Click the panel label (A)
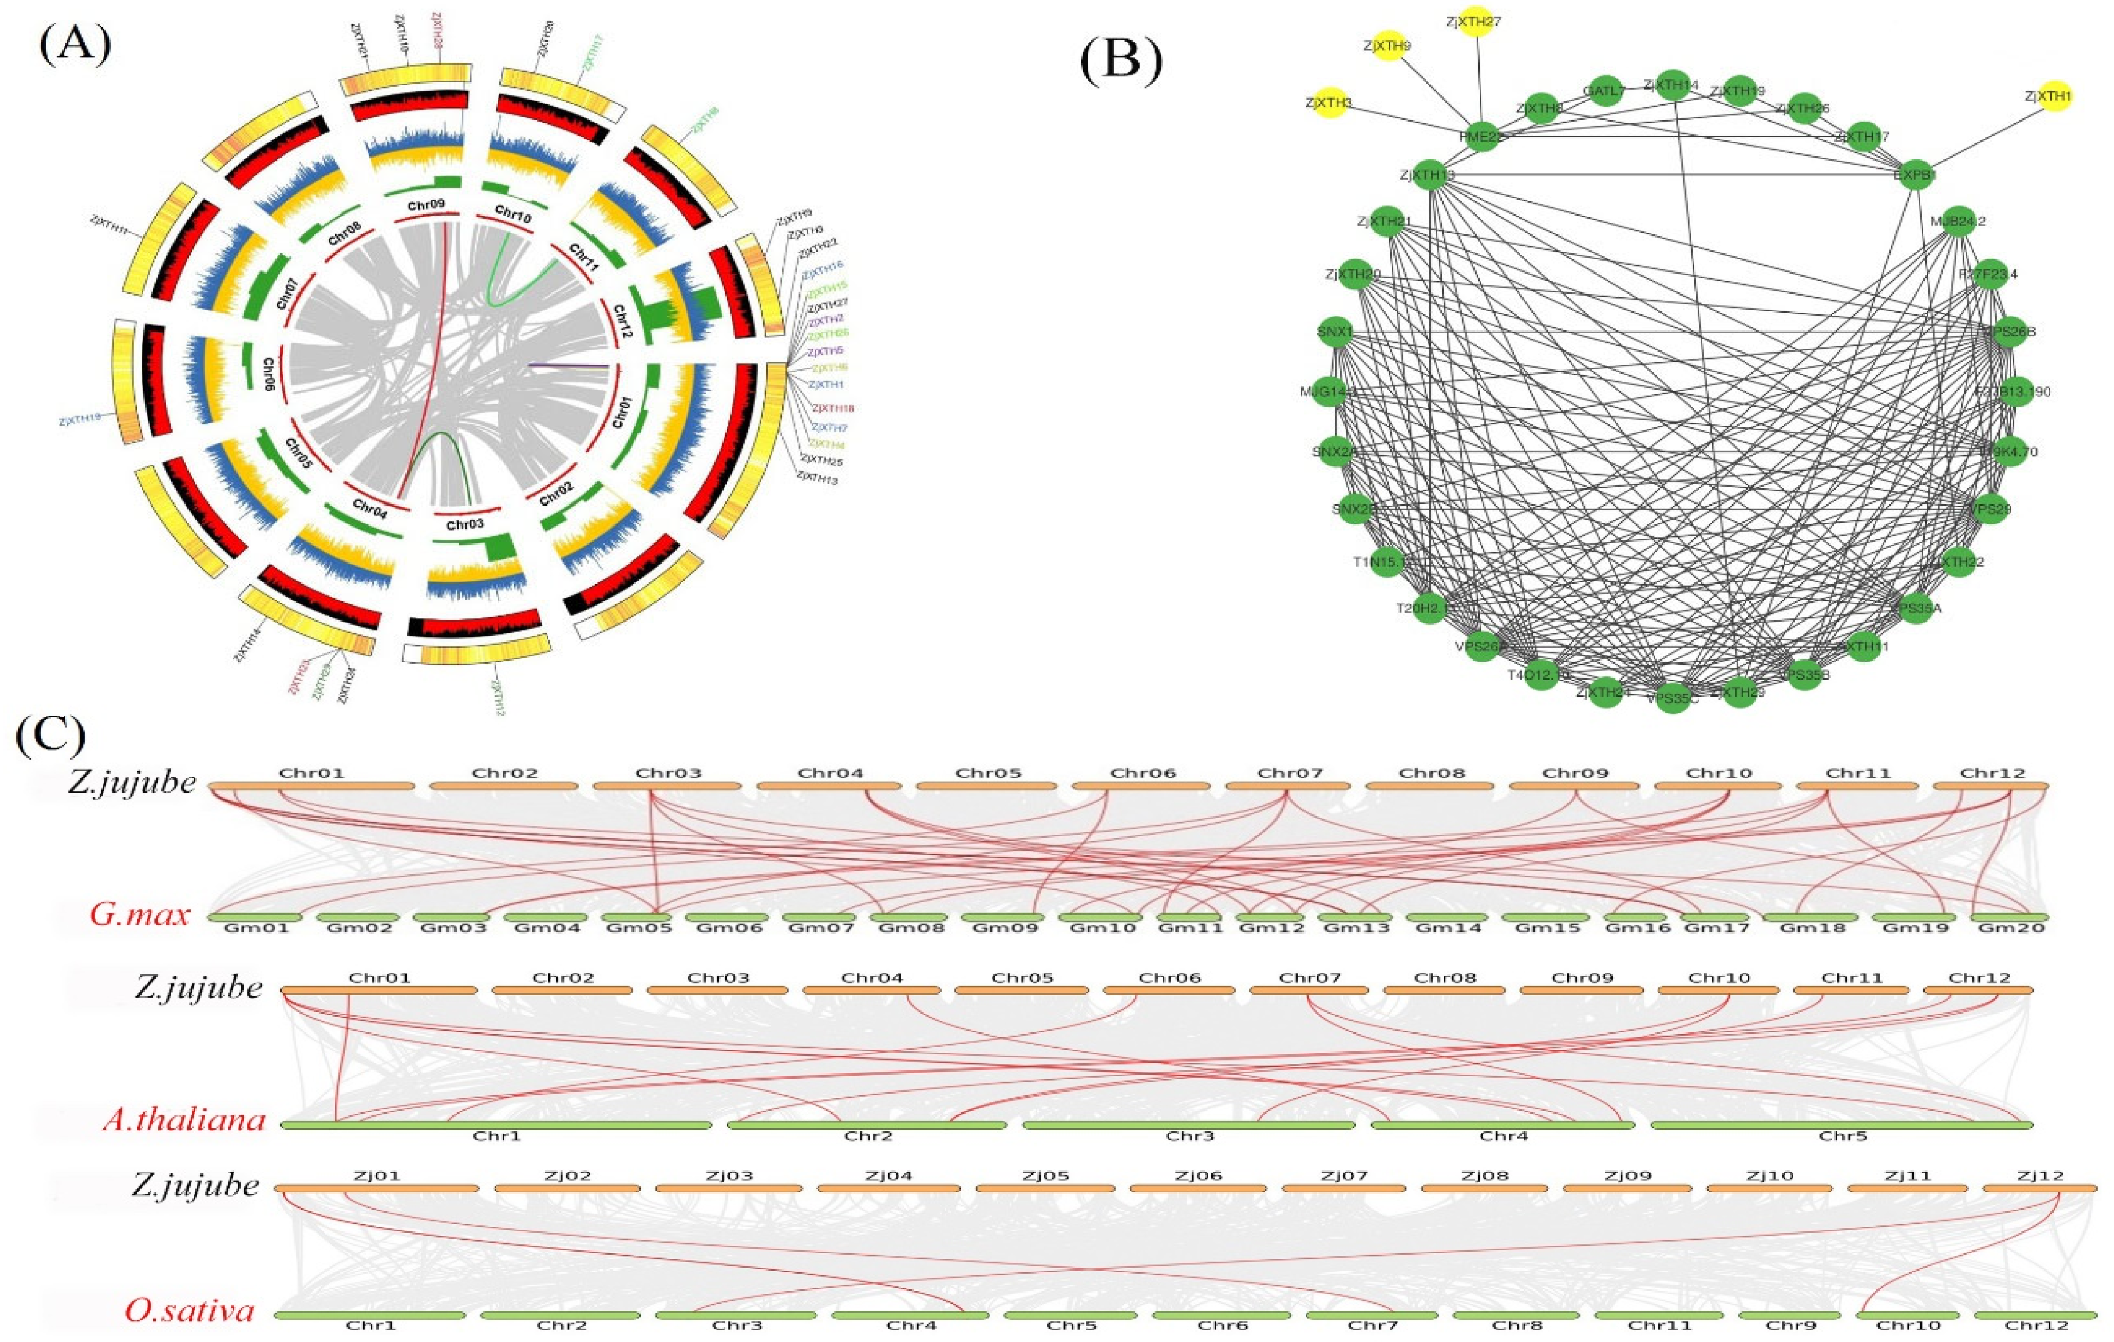click(74, 44)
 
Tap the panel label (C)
click(50, 734)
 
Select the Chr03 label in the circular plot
click(465, 525)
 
